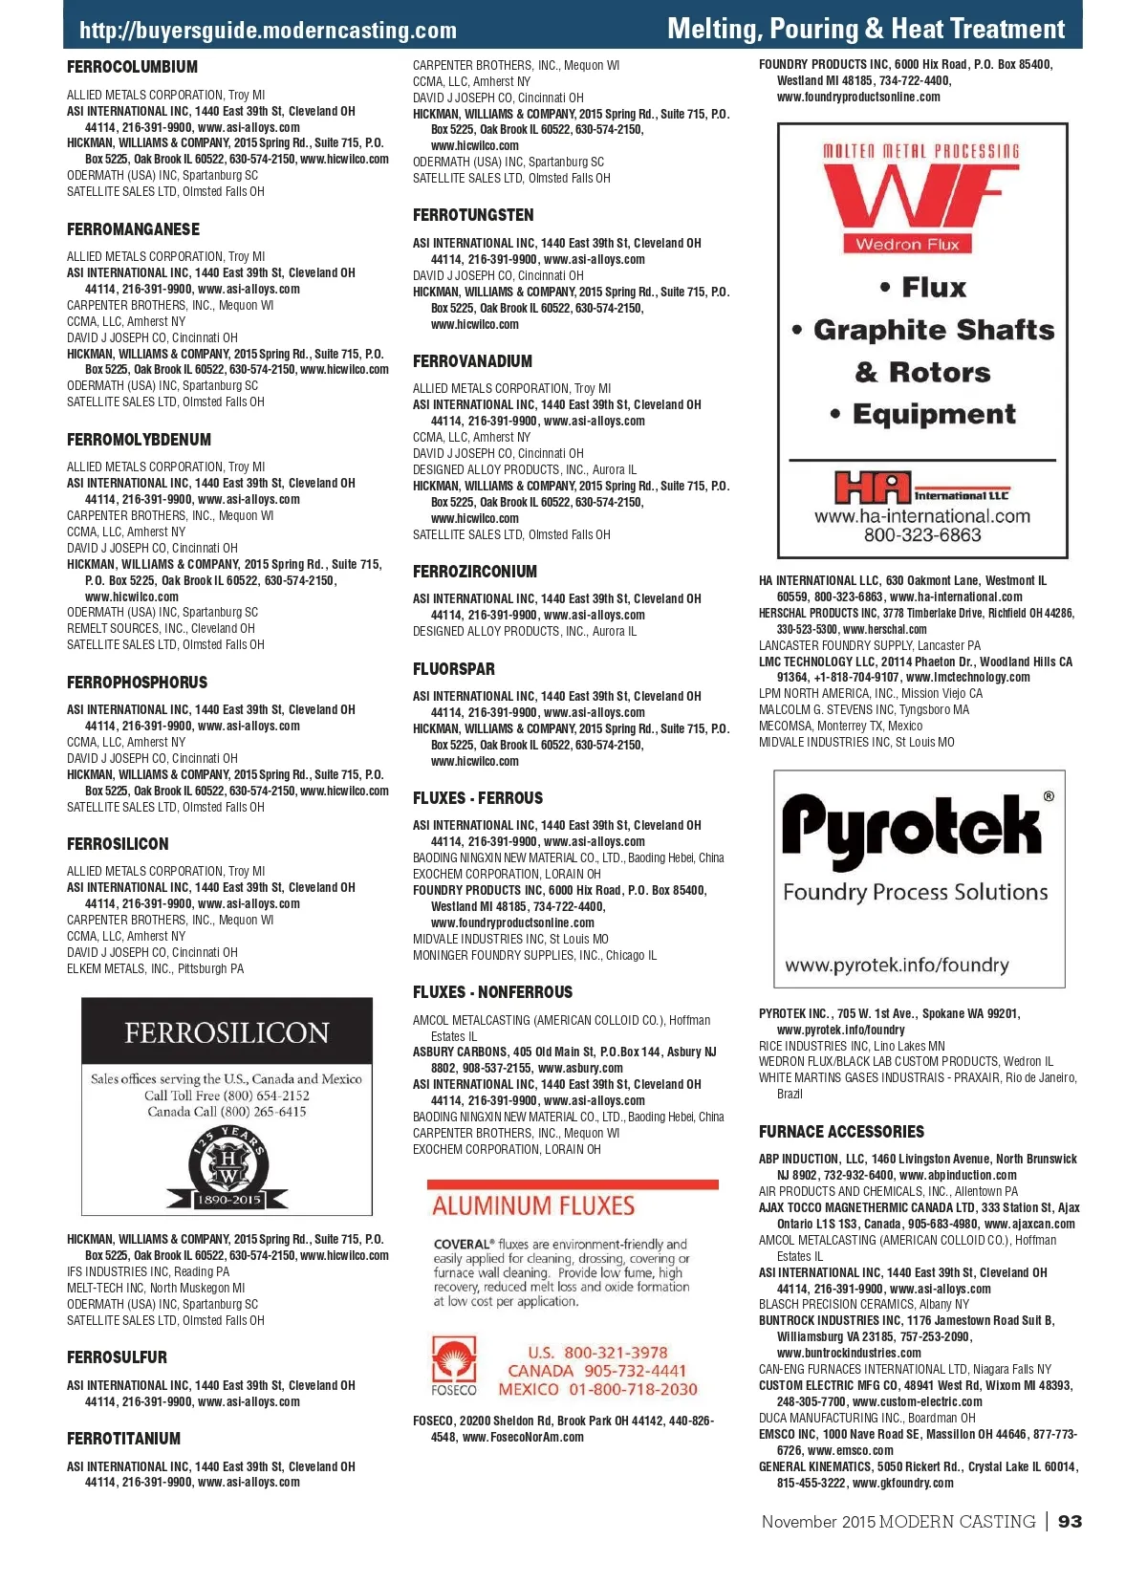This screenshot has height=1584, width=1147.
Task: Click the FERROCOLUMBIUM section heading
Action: point(132,67)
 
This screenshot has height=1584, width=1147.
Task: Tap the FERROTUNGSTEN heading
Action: point(473,215)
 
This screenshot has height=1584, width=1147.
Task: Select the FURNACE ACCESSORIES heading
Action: point(841,1132)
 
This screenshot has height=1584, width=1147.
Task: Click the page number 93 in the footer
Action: point(1070,1521)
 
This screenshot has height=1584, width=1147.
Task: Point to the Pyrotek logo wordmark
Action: point(911,828)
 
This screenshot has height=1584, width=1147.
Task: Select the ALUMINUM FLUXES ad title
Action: point(533,1206)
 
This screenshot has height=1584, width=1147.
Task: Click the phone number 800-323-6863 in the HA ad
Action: point(922,535)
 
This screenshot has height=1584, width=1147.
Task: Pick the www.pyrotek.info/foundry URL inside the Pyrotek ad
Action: point(897,965)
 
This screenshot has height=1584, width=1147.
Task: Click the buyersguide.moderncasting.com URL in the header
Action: point(268,31)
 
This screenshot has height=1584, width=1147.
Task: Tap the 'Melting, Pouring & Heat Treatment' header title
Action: point(865,29)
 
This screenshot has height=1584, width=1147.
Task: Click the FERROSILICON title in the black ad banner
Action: point(227,1032)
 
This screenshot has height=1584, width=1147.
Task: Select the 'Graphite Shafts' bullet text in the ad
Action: point(933,330)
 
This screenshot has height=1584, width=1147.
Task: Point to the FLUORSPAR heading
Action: point(454,669)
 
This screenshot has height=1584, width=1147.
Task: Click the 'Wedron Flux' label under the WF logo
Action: point(907,244)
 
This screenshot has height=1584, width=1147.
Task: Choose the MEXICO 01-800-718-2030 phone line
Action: point(597,1389)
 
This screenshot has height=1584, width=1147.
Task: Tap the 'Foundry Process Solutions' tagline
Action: point(915,892)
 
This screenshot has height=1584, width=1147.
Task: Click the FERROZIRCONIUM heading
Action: point(475,572)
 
